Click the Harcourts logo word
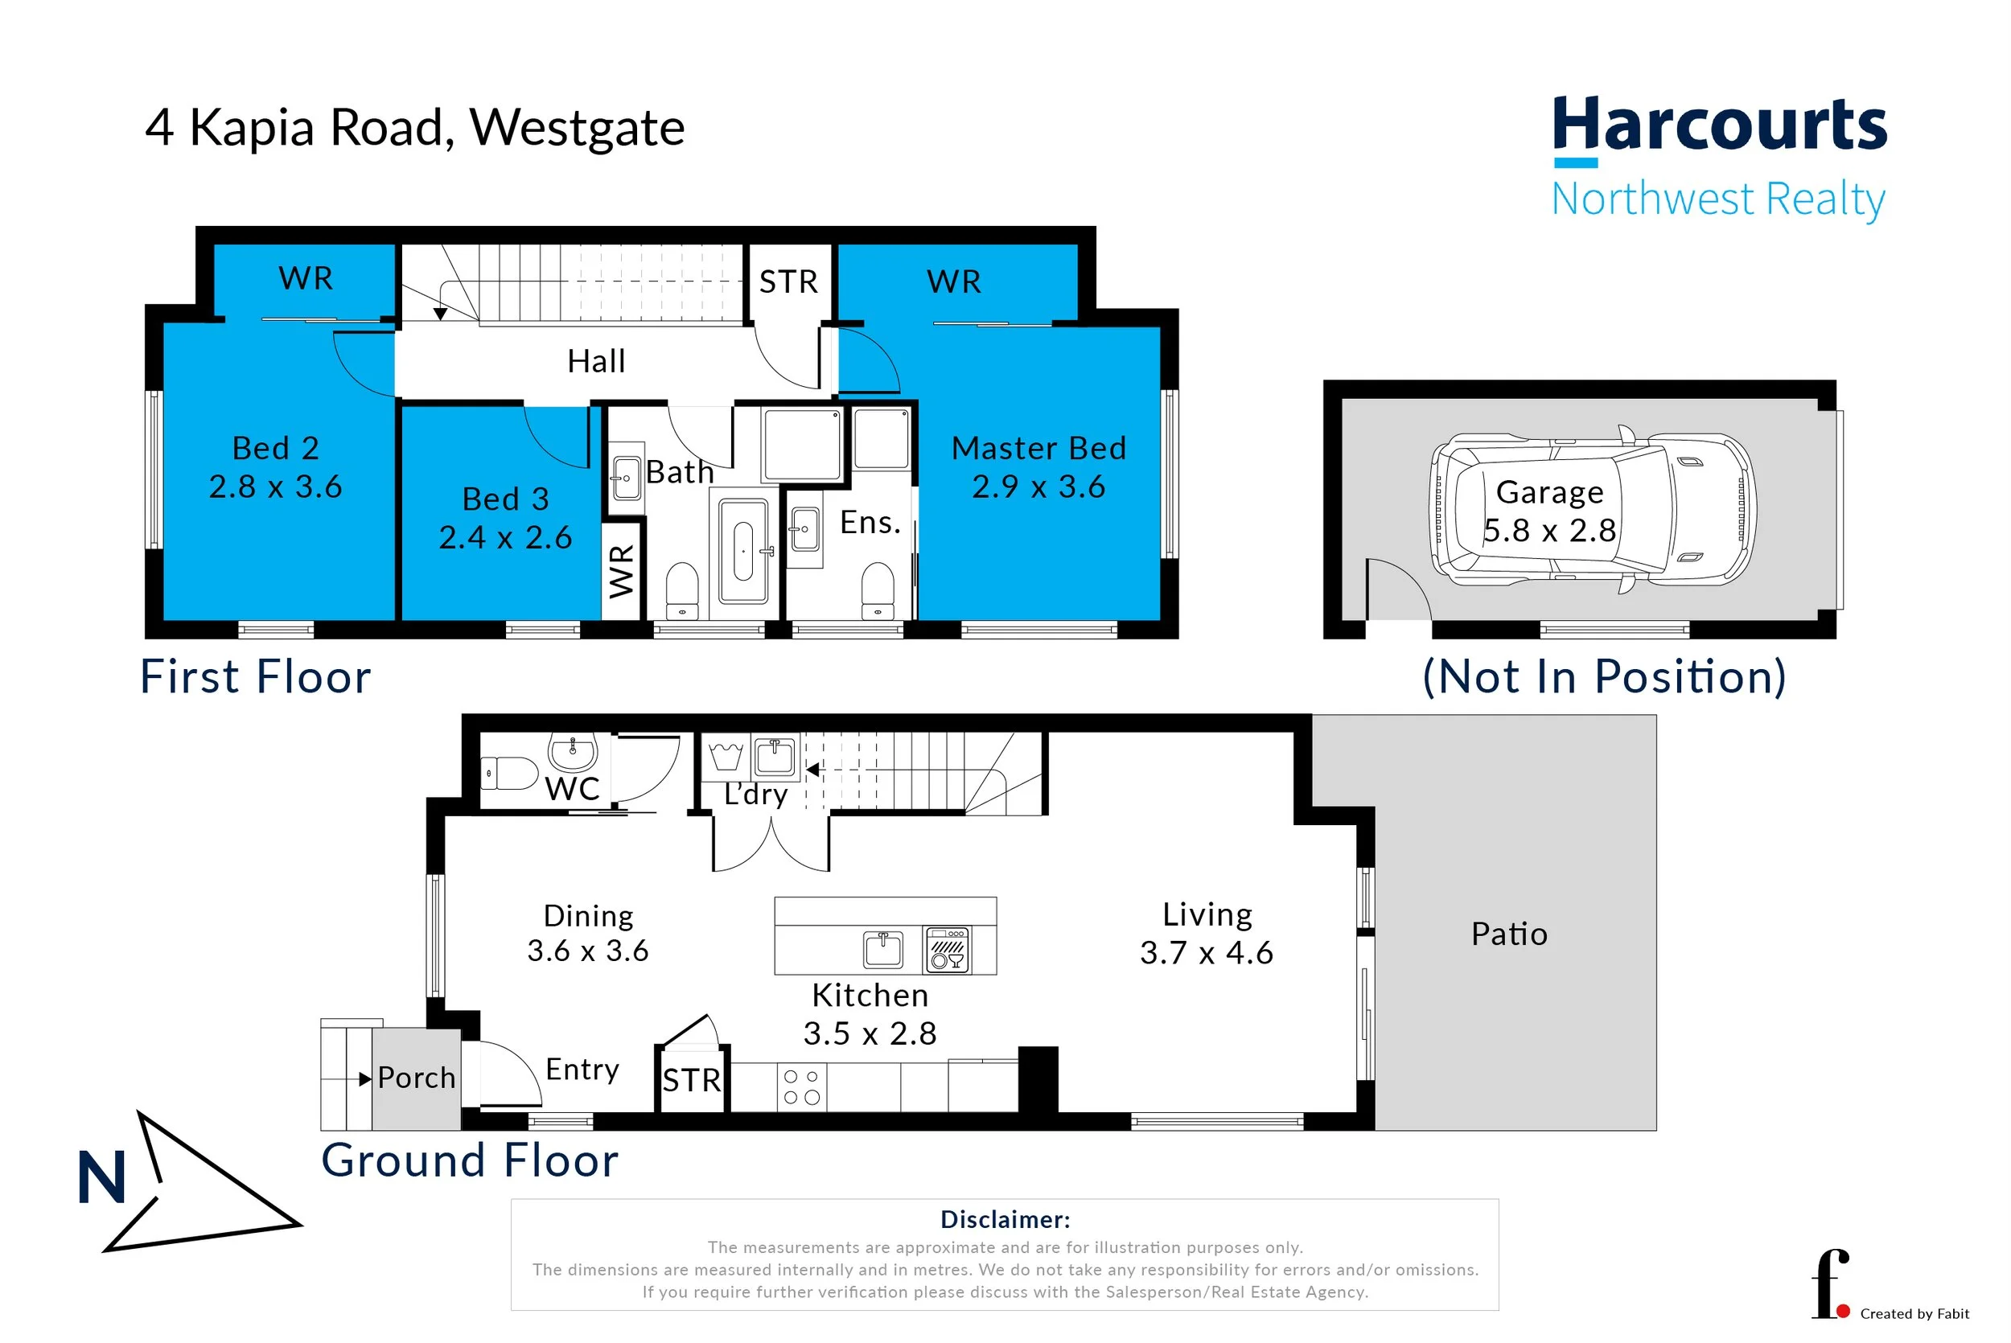tap(1719, 125)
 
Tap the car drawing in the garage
tap(1592, 509)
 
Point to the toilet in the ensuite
tap(877, 589)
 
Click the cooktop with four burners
tap(802, 1087)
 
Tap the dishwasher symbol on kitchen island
tap(947, 949)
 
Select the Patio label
tap(1509, 934)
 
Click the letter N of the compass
tap(102, 1179)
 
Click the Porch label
tap(416, 1078)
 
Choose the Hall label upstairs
tap(596, 361)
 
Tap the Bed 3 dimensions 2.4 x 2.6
tap(505, 537)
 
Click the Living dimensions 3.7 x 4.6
tap(1206, 952)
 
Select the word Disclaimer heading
tap(1005, 1219)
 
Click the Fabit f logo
tap(1830, 1285)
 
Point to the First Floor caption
tap(255, 676)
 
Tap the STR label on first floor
tap(788, 281)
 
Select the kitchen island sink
tap(883, 949)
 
